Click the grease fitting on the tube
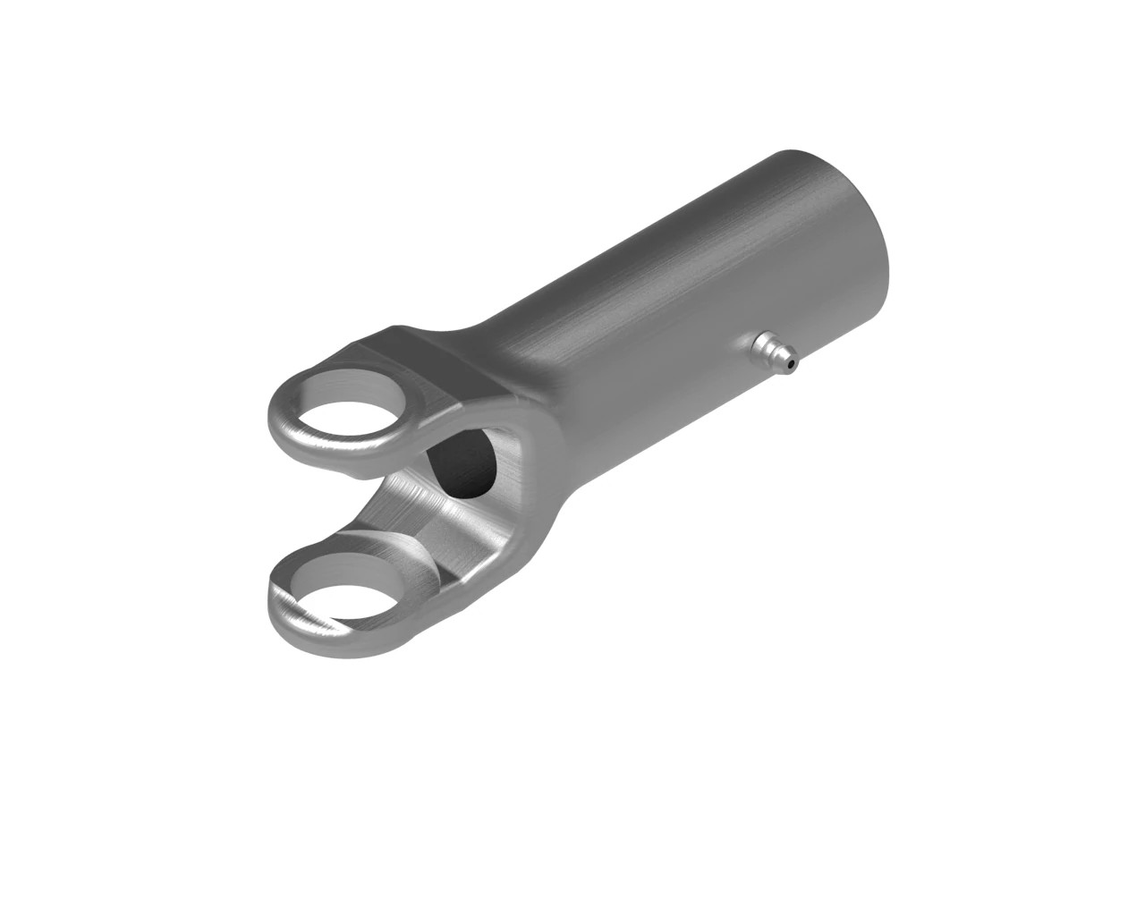tap(775, 352)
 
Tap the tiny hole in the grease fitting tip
tap(791, 364)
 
